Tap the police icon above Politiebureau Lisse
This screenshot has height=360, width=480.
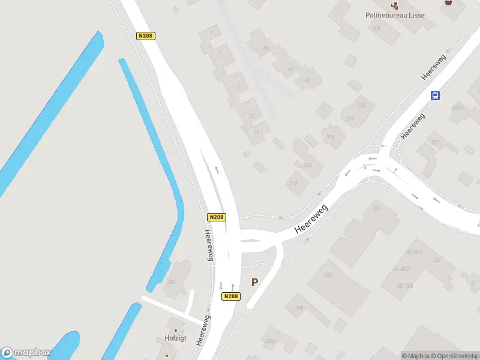[394, 5]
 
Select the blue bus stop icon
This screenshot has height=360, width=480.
[436, 95]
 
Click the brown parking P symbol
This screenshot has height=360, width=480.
[254, 282]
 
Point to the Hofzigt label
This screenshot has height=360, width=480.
[175, 338]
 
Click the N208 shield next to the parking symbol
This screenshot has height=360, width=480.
[231, 296]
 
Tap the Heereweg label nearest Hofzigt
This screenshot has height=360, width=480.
[206, 329]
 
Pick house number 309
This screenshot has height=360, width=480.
[376, 28]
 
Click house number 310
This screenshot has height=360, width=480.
[361, 106]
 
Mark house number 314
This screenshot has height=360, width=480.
[330, 137]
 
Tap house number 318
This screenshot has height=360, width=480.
[293, 184]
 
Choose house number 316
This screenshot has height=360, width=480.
[308, 165]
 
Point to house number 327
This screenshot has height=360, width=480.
[435, 143]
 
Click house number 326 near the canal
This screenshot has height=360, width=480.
[171, 281]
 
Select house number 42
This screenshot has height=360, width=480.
[308, 80]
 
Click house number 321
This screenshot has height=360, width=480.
[377, 209]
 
